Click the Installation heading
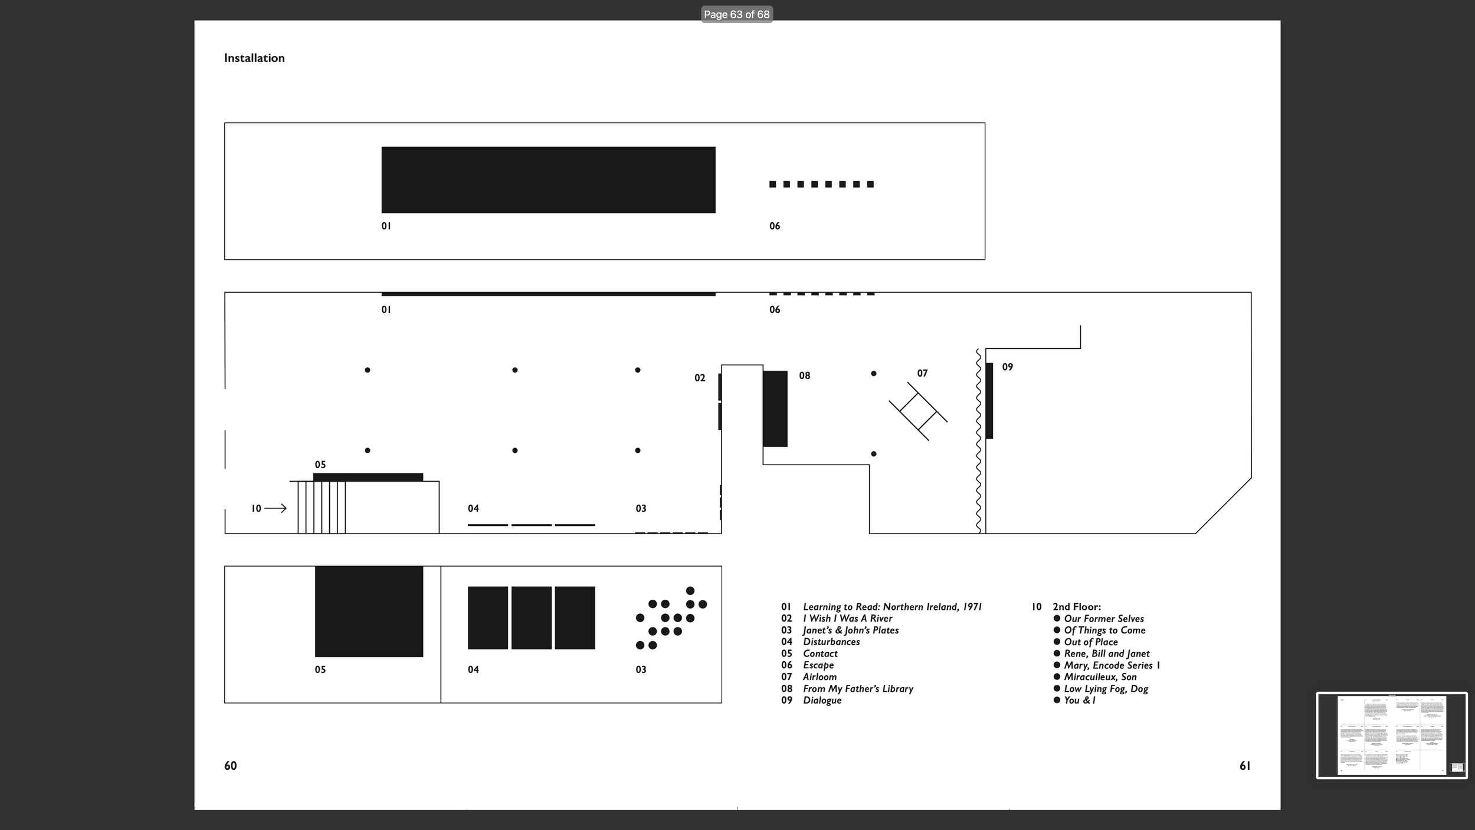click(x=254, y=58)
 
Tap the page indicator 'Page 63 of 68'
click(x=736, y=14)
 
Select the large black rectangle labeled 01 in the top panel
click(x=548, y=180)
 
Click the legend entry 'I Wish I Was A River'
click(x=847, y=619)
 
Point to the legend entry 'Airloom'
click(x=820, y=677)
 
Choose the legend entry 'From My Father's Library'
click(x=858, y=689)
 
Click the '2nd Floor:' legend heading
click(x=1077, y=607)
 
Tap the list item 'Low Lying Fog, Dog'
click(x=1106, y=689)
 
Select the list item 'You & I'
click(x=1079, y=700)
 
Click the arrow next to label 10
click(x=276, y=508)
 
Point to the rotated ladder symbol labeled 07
click(x=918, y=411)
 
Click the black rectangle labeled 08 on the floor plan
click(x=775, y=409)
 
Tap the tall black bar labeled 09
click(x=989, y=401)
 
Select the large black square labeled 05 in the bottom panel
click(x=369, y=612)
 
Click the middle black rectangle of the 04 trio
click(x=531, y=618)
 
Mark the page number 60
click(x=230, y=766)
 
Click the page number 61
click(x=1245, y=766)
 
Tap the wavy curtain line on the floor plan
click(x=978, y=443)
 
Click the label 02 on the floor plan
click(x=700, y=378)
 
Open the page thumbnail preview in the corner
click(x=1391, y=735)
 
